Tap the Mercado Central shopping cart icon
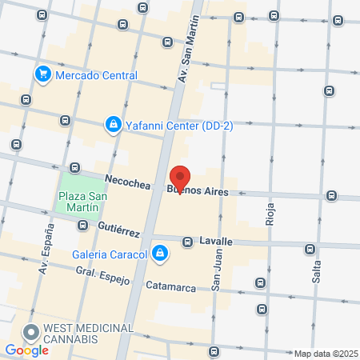pos(42,75)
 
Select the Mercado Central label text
pos(97,76)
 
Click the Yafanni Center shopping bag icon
pos(113,125)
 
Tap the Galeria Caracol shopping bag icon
pos(161,254)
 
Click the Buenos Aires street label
pos(197,192)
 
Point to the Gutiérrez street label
pos(118,230)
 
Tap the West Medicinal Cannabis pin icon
pos(31,331)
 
